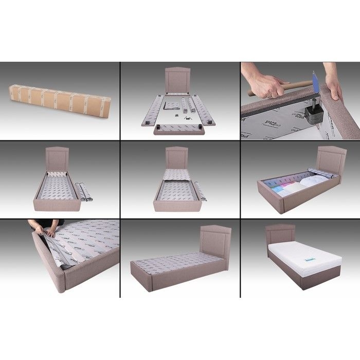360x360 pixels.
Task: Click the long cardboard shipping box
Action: [60, 99]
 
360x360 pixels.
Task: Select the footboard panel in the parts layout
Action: [179, 129]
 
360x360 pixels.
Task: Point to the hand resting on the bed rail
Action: [333, 88]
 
